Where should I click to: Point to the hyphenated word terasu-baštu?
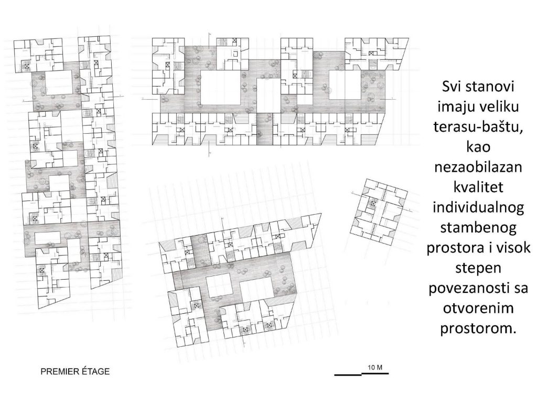point(478,127)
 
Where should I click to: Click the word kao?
point(478,147)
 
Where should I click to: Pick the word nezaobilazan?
point(478,167)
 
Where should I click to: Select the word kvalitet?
point(478,187)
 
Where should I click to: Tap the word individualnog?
point(478,207)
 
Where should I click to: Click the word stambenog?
point(478,228)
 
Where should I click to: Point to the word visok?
point(512,248)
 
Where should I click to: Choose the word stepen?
point(478,268)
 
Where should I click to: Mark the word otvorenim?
point(478,308)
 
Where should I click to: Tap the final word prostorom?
point(478,328)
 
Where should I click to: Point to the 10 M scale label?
point(375,368)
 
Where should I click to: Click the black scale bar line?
point(361,374)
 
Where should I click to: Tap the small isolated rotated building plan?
point(379,212)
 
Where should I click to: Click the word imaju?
point(455,107)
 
